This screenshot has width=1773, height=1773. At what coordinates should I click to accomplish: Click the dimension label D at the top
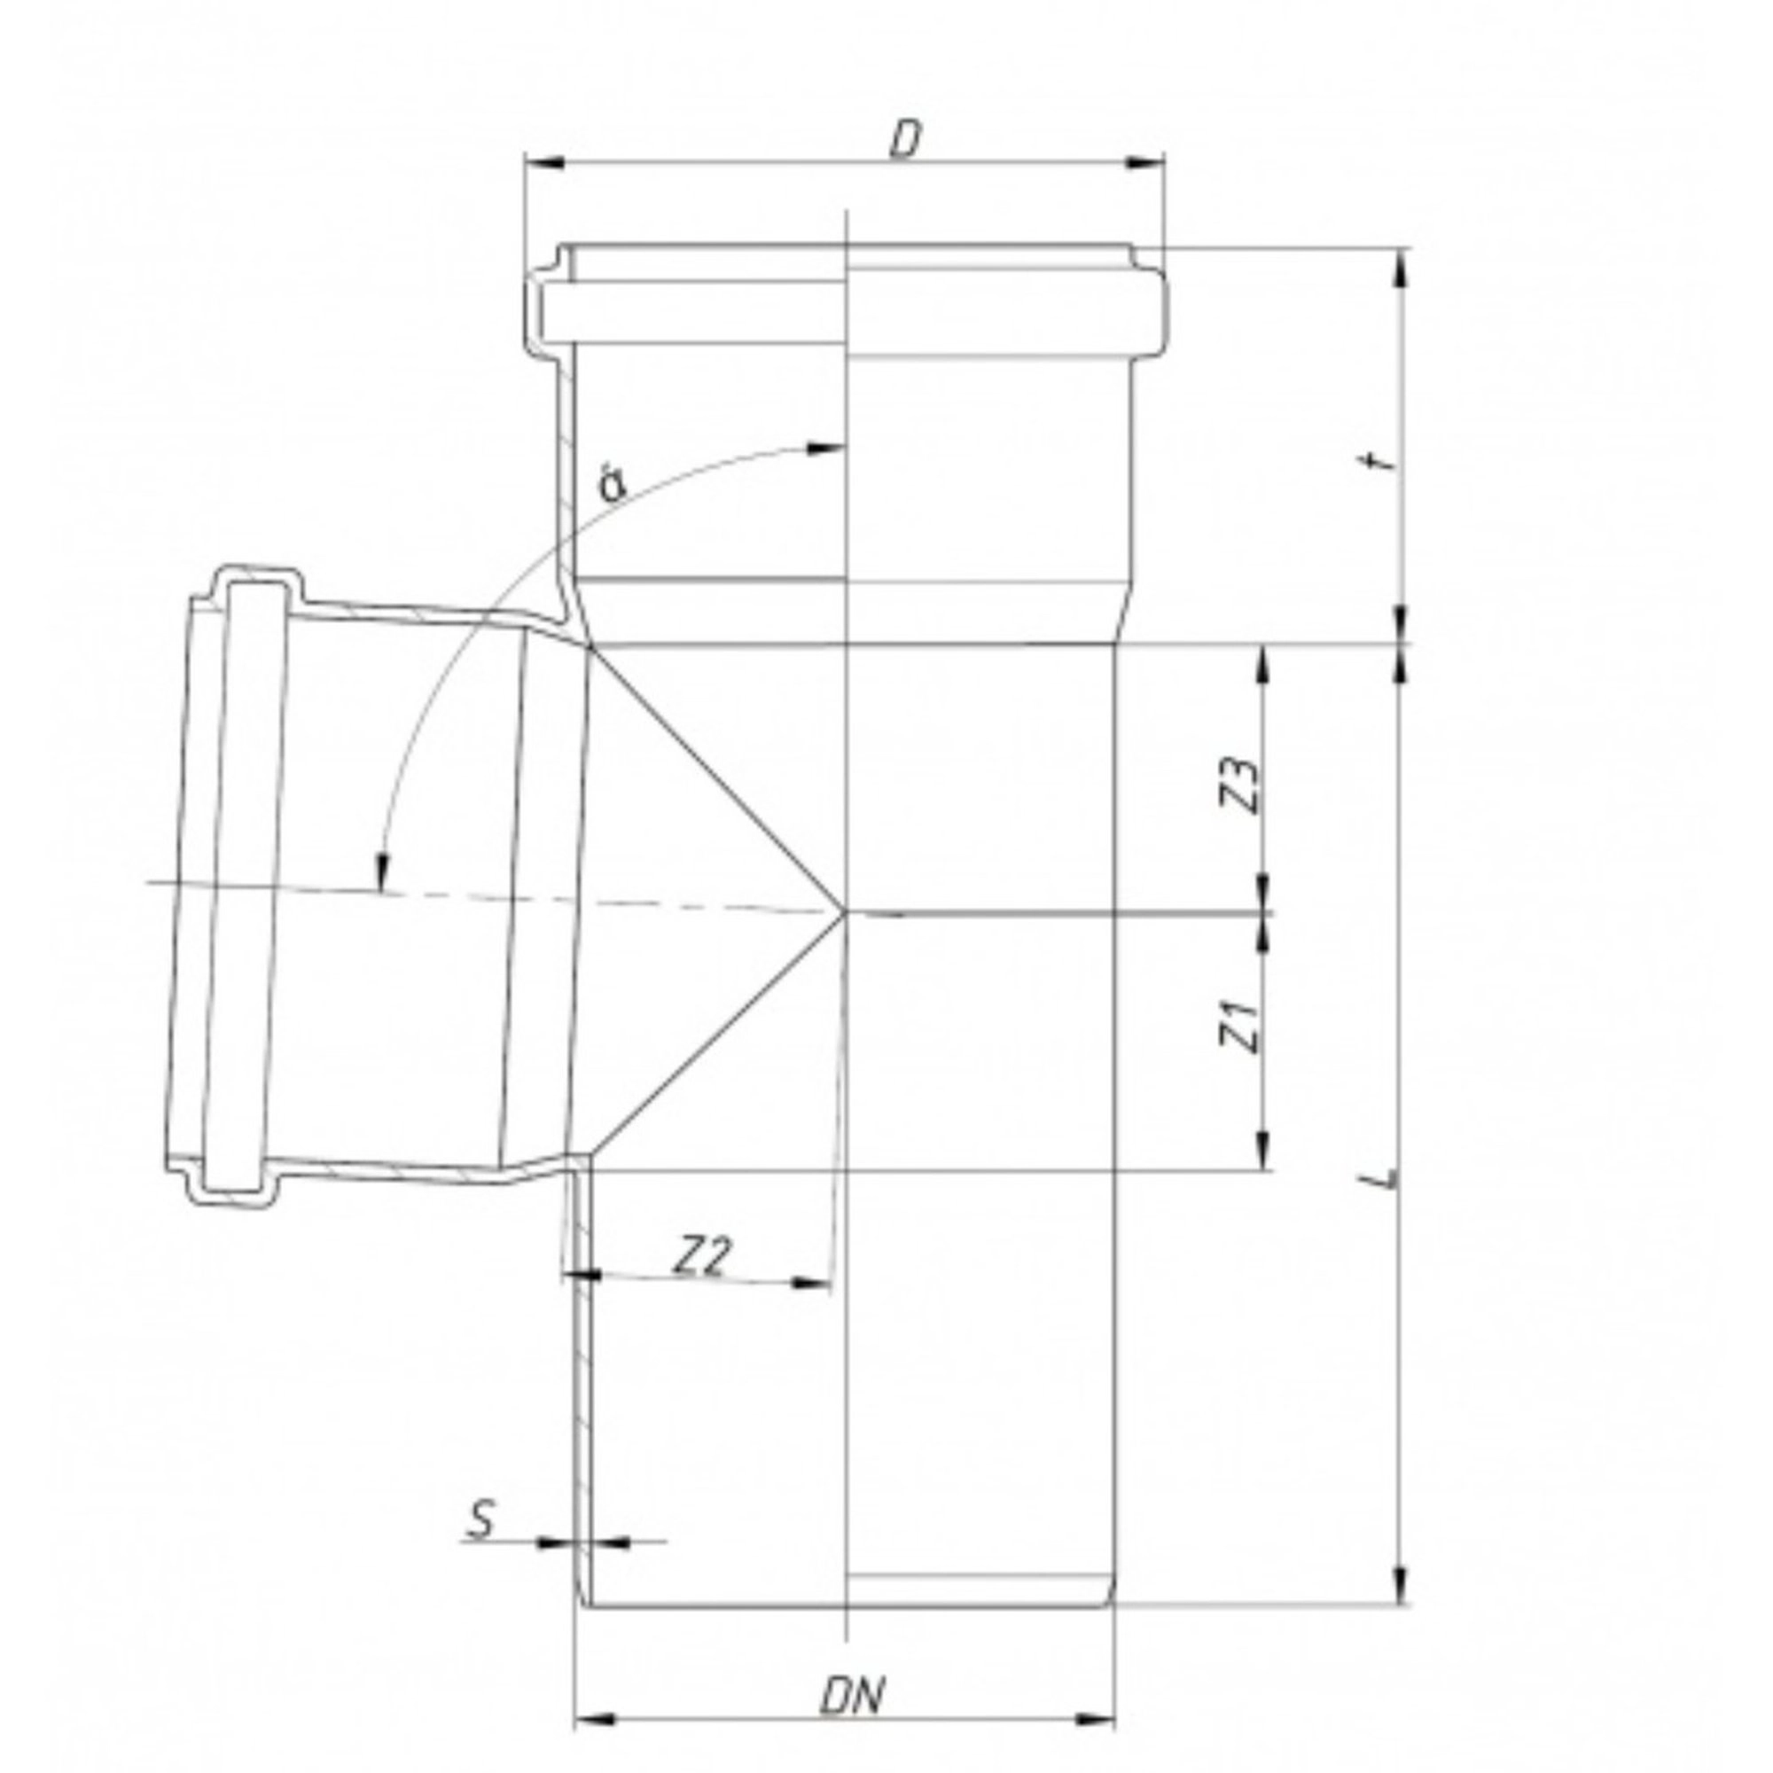click(x=905, y=140)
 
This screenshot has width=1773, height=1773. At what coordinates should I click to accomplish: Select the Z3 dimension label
click(x=1239, y=784)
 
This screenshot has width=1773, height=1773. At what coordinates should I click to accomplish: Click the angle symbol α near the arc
click(x=612, y=484)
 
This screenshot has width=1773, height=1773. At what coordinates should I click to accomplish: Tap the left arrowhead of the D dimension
click(x=543, y=162)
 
